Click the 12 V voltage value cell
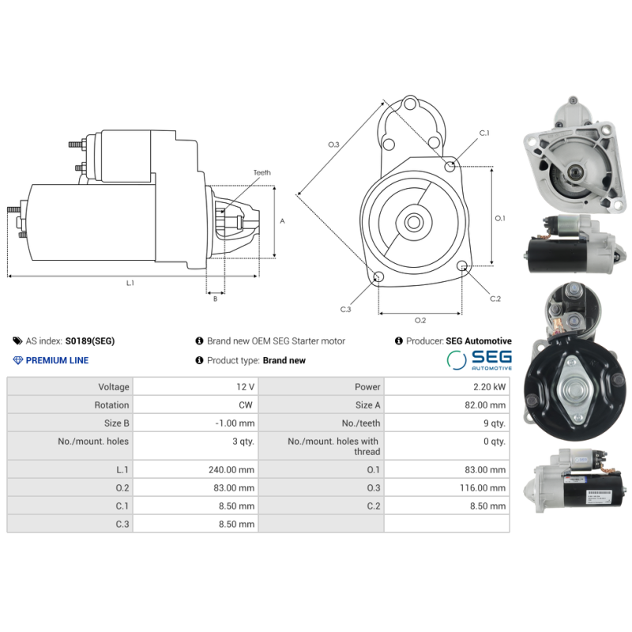coord(245,387)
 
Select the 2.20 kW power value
coord(490,387)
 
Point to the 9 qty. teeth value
coord(495,423)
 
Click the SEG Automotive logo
coord(480,360)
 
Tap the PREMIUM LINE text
coord(57,360)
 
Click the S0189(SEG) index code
coord(89,341)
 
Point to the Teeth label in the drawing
coord(261,172)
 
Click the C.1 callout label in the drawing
coord(484,133)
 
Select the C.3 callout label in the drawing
coord(345,310)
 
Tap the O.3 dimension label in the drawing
coord(333,145)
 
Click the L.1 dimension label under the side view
coord(130,283)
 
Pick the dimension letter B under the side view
coord(214,299)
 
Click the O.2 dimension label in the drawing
coord(420,320)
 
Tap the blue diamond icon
coord(17,360)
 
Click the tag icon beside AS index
coord(17,341)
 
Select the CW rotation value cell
coord(247,405)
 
